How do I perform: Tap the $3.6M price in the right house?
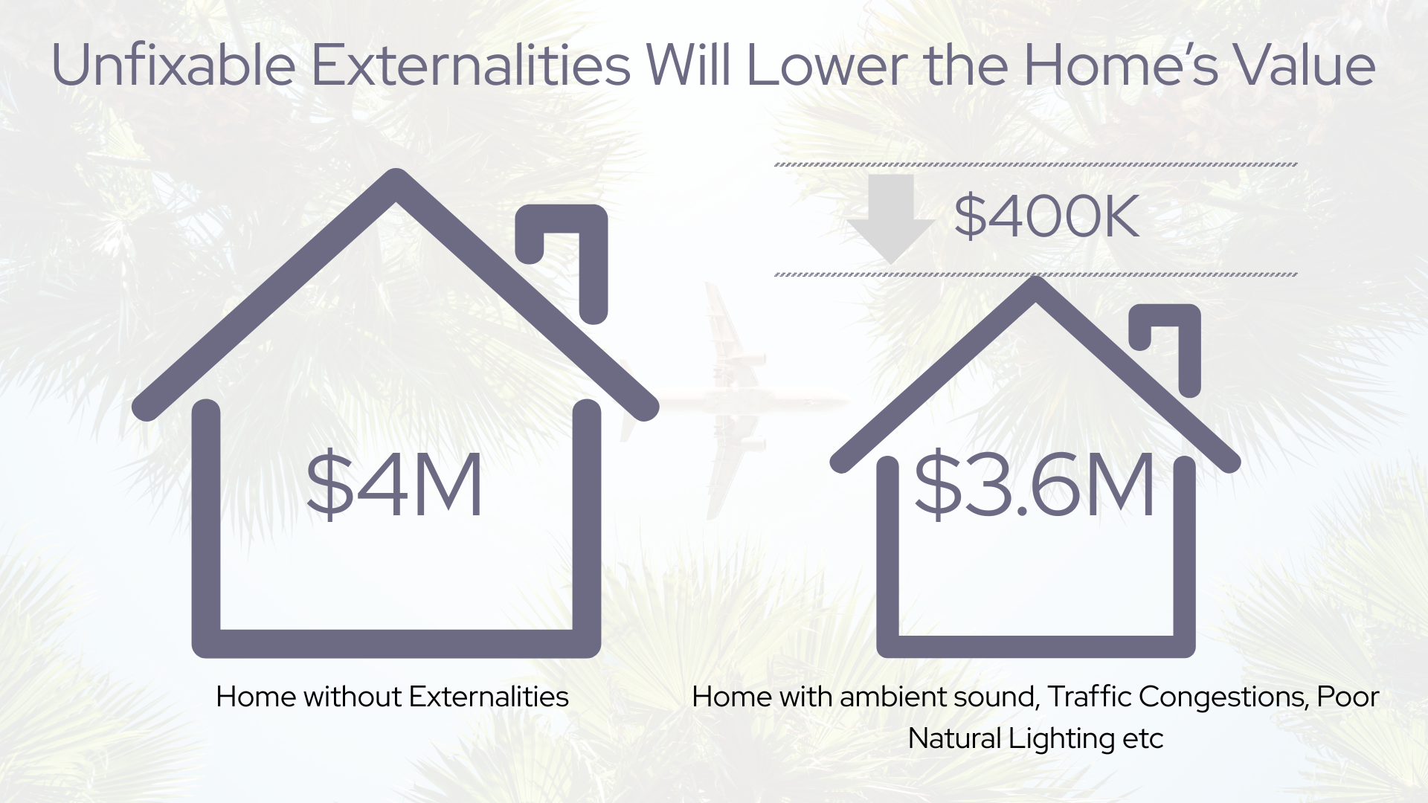click(1035, 485)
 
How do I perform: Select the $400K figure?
click(1046, 217)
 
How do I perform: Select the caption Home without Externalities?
click(392, 697)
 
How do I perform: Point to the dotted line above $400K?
click(1036, 164)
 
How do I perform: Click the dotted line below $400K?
click(1036, 274)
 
